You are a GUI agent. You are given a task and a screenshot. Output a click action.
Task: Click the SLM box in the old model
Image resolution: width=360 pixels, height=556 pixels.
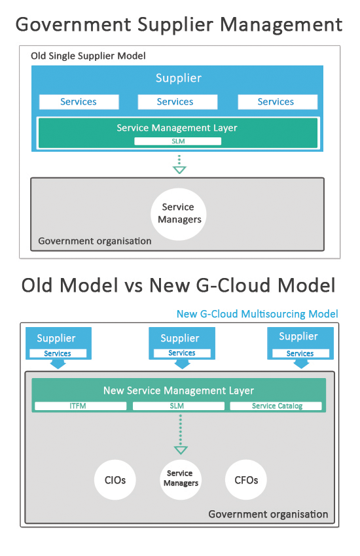(177, 141)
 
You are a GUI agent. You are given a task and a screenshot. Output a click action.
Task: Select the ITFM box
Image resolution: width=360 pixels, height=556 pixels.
(81, 406)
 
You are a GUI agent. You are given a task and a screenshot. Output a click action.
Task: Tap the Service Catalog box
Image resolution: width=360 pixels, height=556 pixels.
(276, 406)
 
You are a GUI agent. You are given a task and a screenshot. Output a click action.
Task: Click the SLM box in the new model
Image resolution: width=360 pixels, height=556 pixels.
(179, 406)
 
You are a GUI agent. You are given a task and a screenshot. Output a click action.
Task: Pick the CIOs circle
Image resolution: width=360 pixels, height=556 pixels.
(115, 479)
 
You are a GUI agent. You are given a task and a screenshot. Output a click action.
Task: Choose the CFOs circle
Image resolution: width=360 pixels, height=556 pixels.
(246, 479)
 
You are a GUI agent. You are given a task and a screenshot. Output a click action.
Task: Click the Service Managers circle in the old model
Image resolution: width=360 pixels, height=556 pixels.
(179, 214)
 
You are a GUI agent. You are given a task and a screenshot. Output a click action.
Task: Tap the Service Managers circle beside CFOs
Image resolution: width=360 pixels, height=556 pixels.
(181, 479)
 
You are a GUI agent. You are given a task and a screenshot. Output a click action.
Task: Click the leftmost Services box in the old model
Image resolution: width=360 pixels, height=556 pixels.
(79, 102)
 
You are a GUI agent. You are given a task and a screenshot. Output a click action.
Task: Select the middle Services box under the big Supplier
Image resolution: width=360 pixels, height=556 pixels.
(177, 102)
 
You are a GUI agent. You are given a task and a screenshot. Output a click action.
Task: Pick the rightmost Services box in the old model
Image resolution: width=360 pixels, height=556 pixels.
(278, 102)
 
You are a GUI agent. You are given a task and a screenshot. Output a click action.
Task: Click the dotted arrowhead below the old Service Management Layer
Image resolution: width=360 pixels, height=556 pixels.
(179, 170)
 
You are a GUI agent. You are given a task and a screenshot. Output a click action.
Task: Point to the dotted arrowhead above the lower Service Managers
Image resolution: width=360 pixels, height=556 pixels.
(181, 450)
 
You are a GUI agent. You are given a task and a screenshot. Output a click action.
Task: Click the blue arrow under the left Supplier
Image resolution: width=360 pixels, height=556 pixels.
(58, 364)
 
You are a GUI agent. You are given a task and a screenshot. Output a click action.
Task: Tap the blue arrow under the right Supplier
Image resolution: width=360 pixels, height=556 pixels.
(301, 364)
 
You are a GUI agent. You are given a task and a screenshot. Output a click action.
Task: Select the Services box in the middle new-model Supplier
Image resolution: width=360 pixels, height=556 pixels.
(182, 353)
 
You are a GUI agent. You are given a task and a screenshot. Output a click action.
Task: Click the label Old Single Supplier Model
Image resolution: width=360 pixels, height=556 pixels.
(88, 56)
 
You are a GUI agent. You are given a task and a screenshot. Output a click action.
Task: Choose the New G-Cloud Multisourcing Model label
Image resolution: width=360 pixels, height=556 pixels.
(257, 314)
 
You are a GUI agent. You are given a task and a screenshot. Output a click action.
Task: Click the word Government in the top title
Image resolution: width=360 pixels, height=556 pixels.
(73, 25)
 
